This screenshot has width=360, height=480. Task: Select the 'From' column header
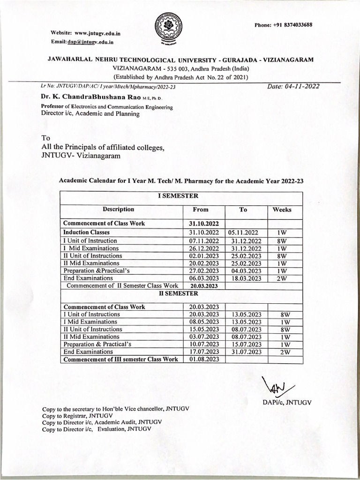pos(201,210)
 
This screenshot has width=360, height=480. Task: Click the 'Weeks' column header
pos(282,210)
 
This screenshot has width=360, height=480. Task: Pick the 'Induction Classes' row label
pos(87,232)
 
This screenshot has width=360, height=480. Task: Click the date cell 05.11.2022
pos(243,232)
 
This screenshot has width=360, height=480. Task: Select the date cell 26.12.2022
pos(201,248)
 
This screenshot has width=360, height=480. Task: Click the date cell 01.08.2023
pos(201,360)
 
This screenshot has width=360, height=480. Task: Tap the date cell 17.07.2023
pos(201,352)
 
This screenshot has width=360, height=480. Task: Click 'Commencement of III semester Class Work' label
pos(120,360)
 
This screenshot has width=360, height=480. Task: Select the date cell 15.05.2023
pos(201,329)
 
